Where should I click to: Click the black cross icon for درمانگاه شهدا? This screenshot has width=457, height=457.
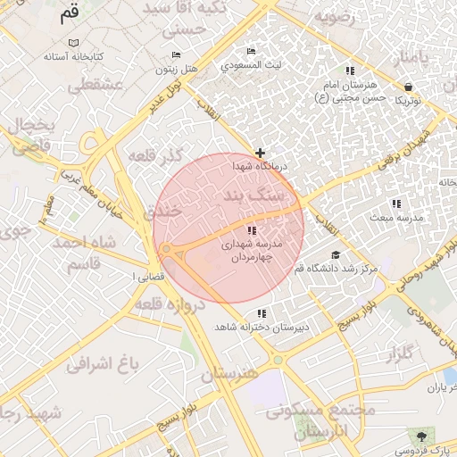click(x=260, y=153)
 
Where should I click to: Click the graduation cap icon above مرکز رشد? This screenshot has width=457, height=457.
click(x=336, y=254)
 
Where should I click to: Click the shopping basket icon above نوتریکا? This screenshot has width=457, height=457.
click(x=409, y=87)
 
